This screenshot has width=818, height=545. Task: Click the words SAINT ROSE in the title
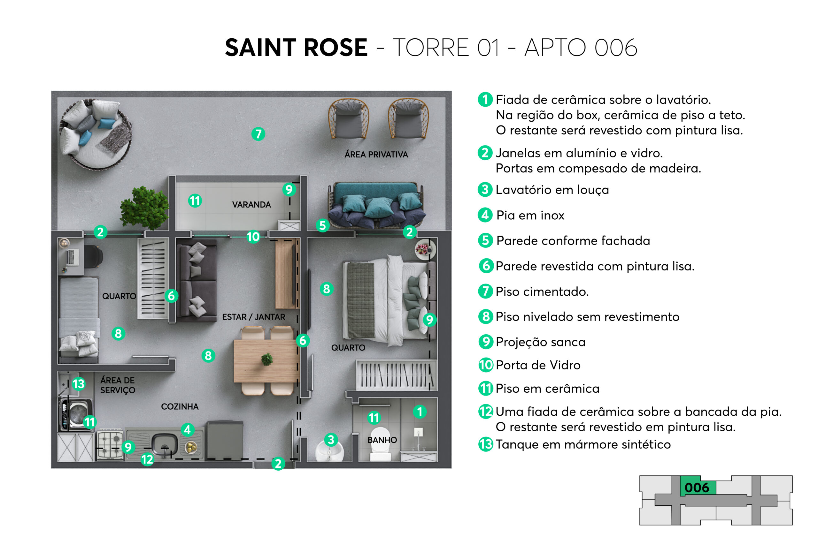[296, 48]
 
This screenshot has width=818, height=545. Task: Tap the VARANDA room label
[251, 205]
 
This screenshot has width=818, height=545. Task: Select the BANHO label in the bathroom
[382, 440]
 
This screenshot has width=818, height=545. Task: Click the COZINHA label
[180, 407]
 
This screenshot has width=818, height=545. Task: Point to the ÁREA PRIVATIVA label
[376, 154]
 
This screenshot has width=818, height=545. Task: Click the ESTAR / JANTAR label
[253, 317]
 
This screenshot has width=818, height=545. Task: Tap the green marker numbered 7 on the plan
[258, 134]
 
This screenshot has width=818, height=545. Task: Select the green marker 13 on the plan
[79, 384]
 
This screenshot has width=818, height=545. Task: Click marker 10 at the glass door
[253, 237]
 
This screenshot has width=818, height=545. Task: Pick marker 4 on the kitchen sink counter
[188, 430]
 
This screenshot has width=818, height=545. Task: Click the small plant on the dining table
[267, 359]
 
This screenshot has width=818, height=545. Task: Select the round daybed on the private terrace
[95, 134]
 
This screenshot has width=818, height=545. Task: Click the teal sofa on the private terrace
[376, 205]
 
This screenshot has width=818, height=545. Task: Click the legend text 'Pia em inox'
[530, 216]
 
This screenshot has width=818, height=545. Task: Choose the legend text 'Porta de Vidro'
[538, 365]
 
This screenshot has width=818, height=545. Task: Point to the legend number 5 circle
[485, 240]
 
